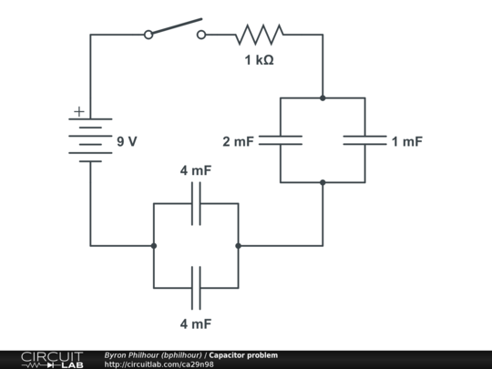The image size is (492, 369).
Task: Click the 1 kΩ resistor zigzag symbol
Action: [259, 35]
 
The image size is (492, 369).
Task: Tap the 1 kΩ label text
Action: [259, 61]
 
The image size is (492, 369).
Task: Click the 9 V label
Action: [127, 141]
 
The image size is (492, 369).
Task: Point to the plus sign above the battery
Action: [78, 111]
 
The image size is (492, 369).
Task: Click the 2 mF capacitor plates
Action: [280, 140]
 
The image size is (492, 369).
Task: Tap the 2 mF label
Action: [240, 141]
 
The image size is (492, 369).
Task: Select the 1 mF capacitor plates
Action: [364, 140]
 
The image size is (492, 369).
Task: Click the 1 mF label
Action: [406, 141]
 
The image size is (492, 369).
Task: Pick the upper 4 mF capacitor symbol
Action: [196, 203]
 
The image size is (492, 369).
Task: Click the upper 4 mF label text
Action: [196, 170]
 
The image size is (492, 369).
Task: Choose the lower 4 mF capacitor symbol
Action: [196, 288]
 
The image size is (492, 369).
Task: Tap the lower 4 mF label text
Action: [196, 323]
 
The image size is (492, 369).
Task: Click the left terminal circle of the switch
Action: [148, 35]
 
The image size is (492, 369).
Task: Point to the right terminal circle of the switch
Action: [201, 35]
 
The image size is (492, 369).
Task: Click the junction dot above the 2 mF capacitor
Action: [323, 97]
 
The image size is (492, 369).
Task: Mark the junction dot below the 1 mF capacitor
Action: [323, 182]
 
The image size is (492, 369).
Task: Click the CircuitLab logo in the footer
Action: [51, 359]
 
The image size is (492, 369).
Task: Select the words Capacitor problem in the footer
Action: [243, 354]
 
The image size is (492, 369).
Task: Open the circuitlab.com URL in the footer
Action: [159, 364]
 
